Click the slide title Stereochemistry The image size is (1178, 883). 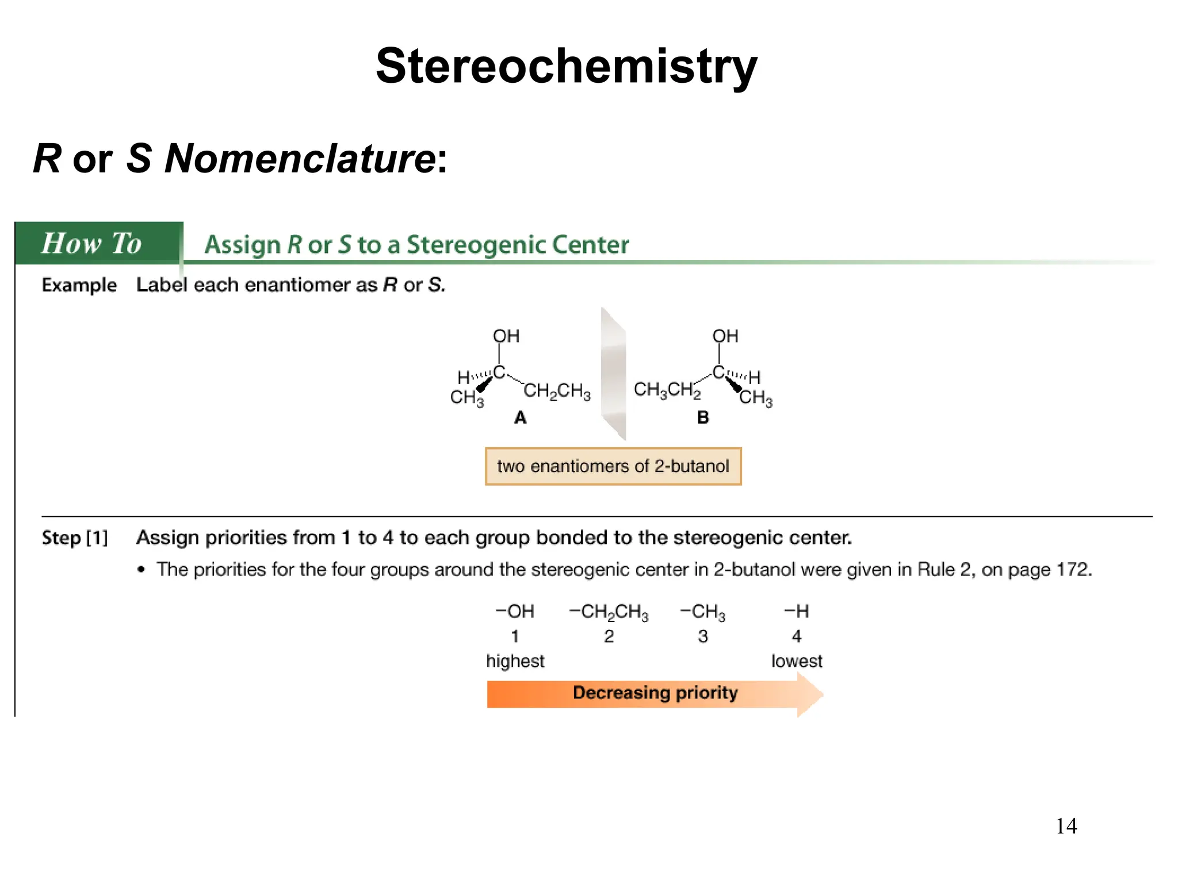(x=566, y=67)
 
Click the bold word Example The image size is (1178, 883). (x=79, y=285)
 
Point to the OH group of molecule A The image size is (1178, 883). (x=506, y=336)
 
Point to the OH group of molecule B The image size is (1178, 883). (x=725, y=336)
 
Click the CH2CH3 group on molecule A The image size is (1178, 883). (x=557, y=391)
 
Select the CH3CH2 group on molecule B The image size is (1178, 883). (x=667, y=390)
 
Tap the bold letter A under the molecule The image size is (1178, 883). (x=520, y=418)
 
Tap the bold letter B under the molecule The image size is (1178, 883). (x=703, y=418)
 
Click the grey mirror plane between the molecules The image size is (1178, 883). (x=613, y=374)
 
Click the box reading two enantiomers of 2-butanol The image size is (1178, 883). (x=613, y=466)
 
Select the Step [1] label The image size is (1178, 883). (x=75, y=538)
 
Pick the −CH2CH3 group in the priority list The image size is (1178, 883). (x=609, y=612)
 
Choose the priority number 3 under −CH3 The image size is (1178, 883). (x=703, y=636)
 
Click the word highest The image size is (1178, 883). (x=515, y=661)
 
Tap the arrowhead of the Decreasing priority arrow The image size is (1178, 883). (x=810, y=694)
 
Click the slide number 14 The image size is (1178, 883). (x=1066, y=826)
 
